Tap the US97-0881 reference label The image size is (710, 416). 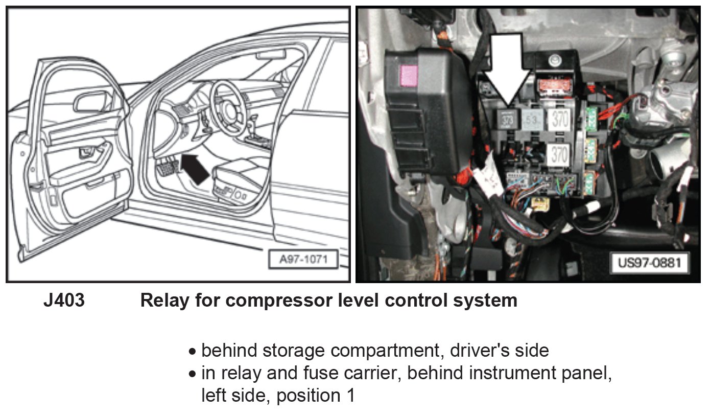pos(649,263)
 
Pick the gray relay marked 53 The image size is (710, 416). pos(532,121)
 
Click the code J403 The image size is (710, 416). pos(64,301)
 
